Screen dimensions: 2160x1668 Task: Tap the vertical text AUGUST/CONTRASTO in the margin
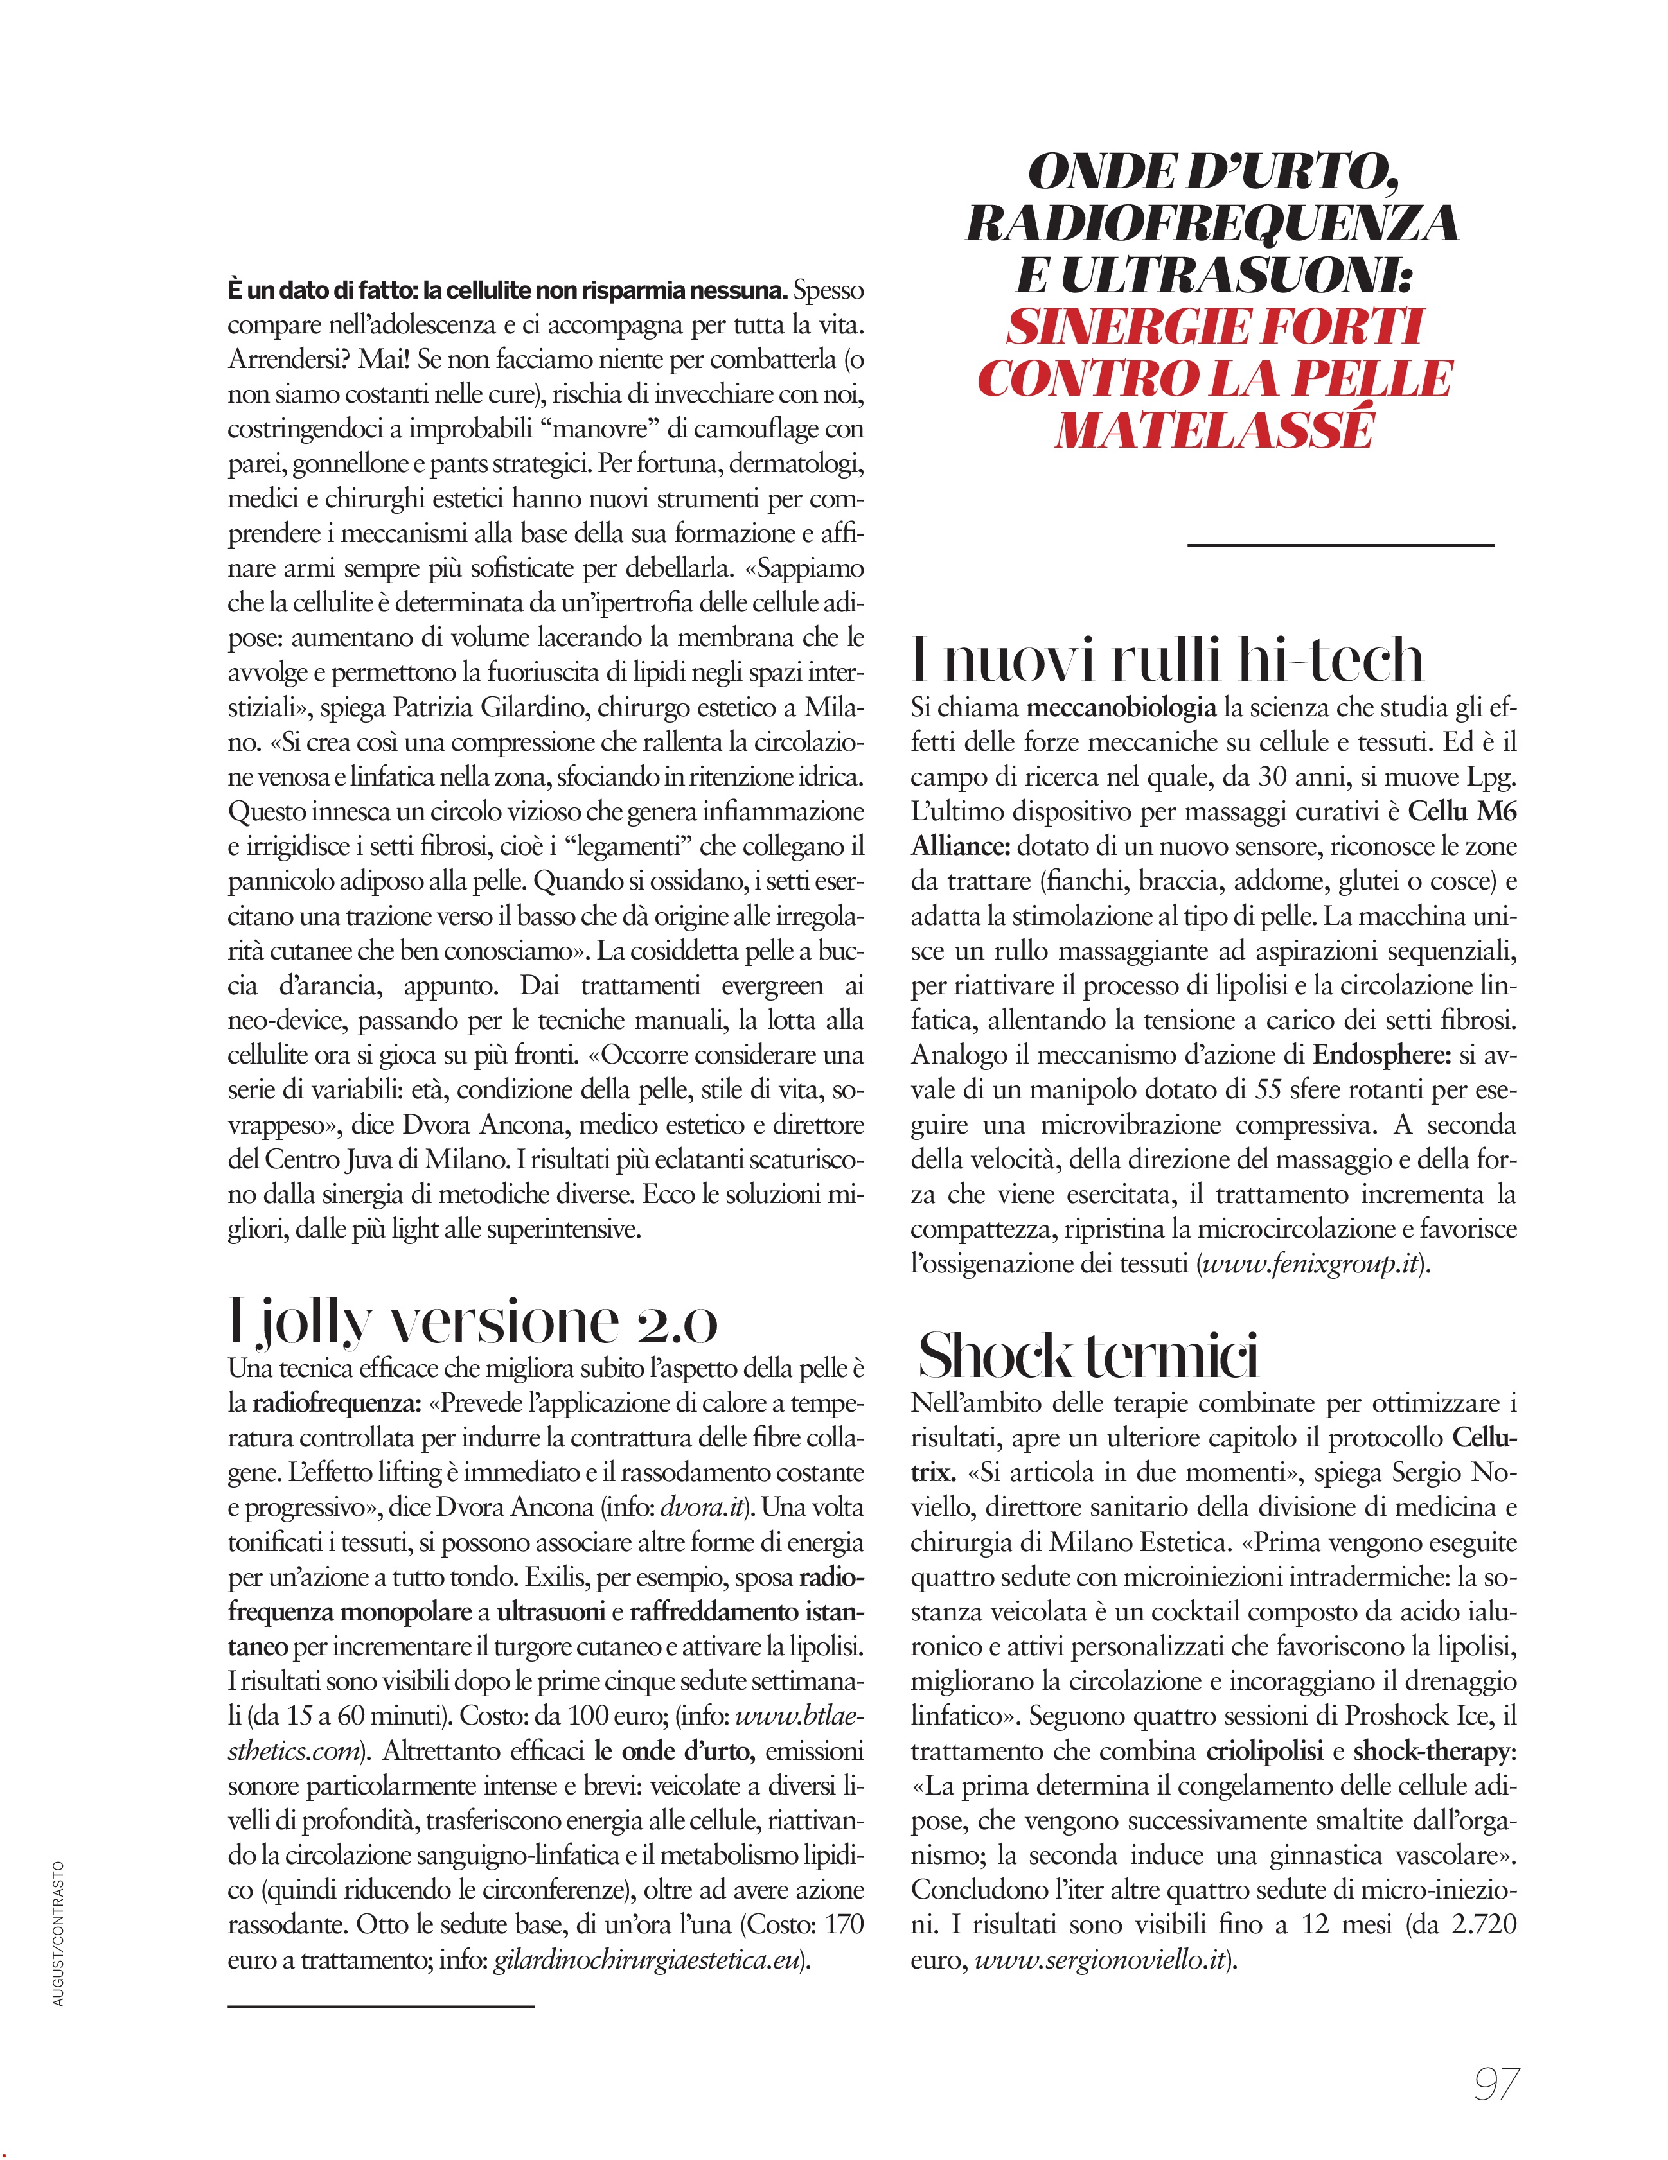pyautogui.click(x=58, y=1933)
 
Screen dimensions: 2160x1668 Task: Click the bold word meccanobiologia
pyautogui.click(x=1121, y=707)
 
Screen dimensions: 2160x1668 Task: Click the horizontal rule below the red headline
pyautogui.click(x=1340, y=544)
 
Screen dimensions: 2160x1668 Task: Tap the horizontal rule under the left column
pyautogui.click(x=381, y=2006)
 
